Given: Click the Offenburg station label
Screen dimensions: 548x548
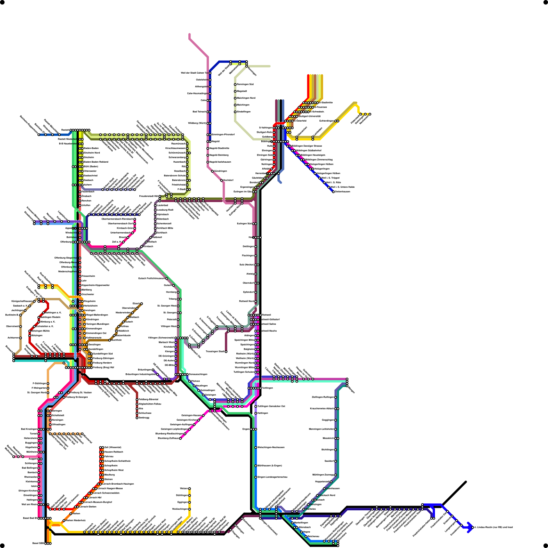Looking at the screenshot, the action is tap(66, 242).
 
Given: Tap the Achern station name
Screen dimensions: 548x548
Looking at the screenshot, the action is tap(88, 185).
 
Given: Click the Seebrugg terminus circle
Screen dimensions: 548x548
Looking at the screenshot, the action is tap(137, 418).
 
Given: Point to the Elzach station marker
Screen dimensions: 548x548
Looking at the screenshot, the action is tap(141, 303).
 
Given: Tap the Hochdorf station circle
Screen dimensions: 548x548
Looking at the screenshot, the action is tap(222, 180).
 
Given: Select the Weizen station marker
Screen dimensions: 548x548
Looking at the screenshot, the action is tap(189, 488).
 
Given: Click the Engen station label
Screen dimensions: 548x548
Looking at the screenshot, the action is tap(246, 429).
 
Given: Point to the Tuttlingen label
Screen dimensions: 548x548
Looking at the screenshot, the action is tap(267, 388).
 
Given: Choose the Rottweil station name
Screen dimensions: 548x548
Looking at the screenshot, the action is tap(266, 315).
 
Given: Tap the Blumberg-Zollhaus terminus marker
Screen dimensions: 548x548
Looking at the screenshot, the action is tap(180, 438).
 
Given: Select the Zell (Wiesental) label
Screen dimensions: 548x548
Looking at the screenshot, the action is tap(113, 447).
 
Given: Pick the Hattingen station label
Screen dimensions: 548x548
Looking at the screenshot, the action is tap(263, 413).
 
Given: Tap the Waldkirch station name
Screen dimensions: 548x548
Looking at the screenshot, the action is tap(124, 331).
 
